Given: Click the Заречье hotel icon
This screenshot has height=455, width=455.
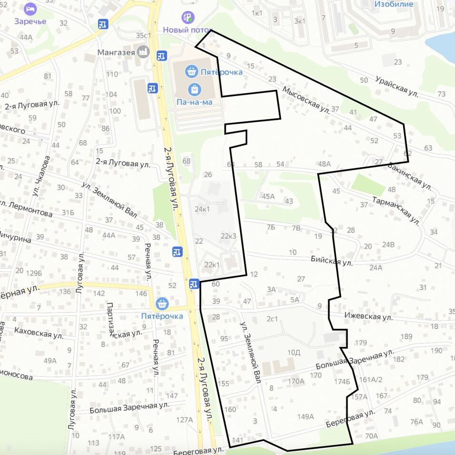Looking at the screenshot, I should tap(30, 9).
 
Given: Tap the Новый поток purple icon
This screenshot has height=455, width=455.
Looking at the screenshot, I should tap(189, 18).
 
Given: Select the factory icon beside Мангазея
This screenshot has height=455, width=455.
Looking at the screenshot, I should tap(142, 52).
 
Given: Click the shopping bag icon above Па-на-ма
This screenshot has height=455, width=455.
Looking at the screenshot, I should tap(194, 89).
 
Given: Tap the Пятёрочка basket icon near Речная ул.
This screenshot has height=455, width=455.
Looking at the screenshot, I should tap(162, 303).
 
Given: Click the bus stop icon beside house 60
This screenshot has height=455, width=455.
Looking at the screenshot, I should tap(194, 284).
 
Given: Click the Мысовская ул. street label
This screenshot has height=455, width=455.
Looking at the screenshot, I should tap(306, 100).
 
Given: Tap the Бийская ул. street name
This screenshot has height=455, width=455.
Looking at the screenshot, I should tap(331, 261).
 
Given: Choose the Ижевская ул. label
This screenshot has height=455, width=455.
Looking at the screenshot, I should tap(368, 316).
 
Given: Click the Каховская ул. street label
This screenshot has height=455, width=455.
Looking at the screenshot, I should tap(39, 332).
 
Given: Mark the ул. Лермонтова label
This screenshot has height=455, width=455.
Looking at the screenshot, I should tap(26, 210).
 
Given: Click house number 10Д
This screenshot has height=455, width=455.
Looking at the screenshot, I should tap(294, 352).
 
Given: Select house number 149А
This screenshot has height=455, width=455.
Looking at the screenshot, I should tap(306, 417).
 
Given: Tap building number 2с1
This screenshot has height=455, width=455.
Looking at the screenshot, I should tap(272, 319).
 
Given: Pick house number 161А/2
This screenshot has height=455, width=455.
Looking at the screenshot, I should tap(371, 379).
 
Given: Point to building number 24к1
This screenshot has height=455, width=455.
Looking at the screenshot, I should tap(202, 209).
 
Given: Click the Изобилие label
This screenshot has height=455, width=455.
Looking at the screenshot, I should tap(394, 4).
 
